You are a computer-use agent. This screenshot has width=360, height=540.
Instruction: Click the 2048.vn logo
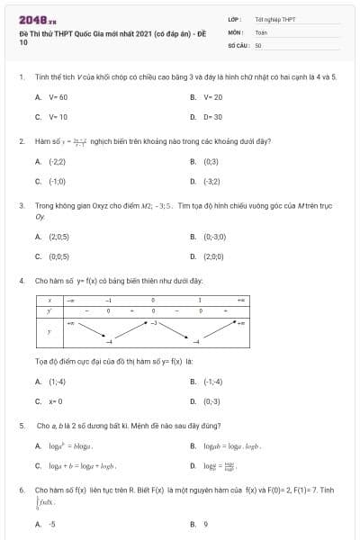37,18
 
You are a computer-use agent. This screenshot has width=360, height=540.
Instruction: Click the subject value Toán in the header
261,31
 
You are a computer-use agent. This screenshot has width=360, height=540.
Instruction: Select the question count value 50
258,43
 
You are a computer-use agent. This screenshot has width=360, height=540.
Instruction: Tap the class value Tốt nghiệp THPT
275,18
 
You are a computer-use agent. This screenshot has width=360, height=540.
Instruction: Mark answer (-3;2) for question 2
211,181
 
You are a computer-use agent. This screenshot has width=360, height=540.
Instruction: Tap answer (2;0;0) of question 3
213,256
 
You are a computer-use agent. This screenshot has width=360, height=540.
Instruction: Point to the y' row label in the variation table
49,310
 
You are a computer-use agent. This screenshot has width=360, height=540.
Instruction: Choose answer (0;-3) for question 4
211,401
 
